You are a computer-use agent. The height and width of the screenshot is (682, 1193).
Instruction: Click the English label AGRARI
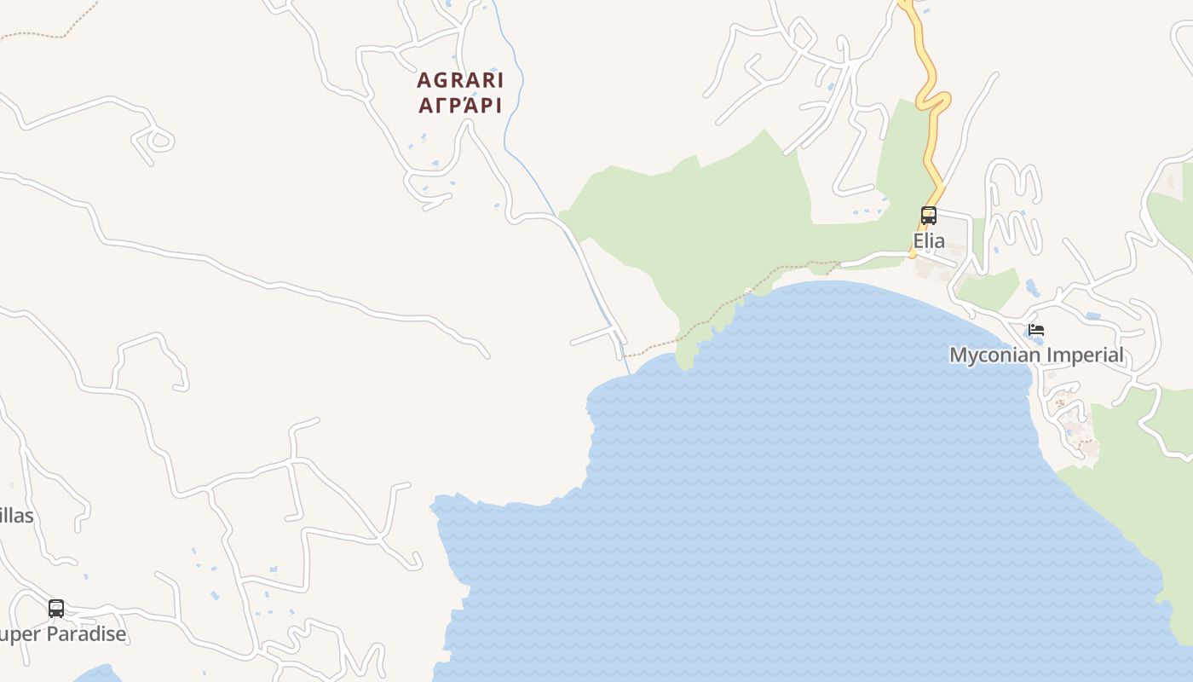460,81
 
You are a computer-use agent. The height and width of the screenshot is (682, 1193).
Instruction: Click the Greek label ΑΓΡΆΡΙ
460,106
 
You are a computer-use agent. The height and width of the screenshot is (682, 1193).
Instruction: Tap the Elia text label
929,241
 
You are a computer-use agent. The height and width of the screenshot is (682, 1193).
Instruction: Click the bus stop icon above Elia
929,216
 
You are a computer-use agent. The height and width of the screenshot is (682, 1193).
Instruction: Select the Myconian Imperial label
1036,355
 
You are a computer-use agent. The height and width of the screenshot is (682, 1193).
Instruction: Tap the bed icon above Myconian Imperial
1036,330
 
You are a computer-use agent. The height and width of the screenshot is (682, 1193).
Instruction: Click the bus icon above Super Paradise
56,609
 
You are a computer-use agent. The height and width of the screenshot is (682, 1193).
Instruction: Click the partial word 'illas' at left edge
16,516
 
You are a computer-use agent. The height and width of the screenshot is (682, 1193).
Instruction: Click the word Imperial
1085,355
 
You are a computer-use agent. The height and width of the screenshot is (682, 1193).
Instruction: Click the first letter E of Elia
919,241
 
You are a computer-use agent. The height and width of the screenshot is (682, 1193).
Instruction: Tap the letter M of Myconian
958,355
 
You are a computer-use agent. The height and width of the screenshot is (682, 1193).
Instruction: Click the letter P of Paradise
51,634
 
